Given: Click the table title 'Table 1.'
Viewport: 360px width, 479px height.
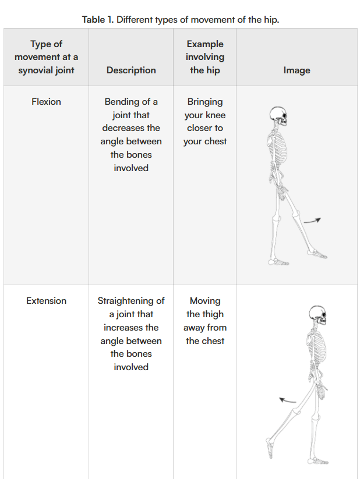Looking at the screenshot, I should coord(97,19).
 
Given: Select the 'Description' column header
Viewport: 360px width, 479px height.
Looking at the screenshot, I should coord(131,70).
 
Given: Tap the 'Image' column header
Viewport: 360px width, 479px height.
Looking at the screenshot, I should coord(297,70).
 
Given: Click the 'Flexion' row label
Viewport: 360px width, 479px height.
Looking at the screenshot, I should coord(46,102).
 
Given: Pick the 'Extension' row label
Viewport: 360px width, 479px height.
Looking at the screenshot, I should coord(46,301).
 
